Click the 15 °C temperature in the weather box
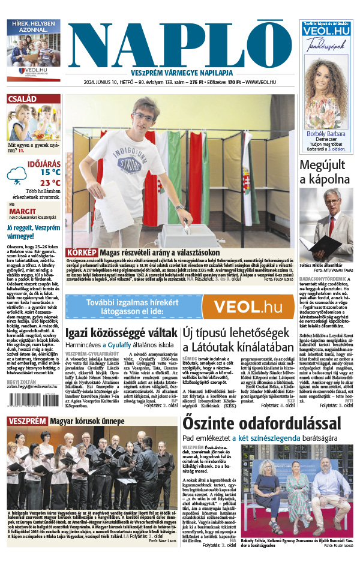50,172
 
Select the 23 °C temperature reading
50,183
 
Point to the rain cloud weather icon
17,176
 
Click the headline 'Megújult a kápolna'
325,171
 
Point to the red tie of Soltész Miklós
332,224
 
